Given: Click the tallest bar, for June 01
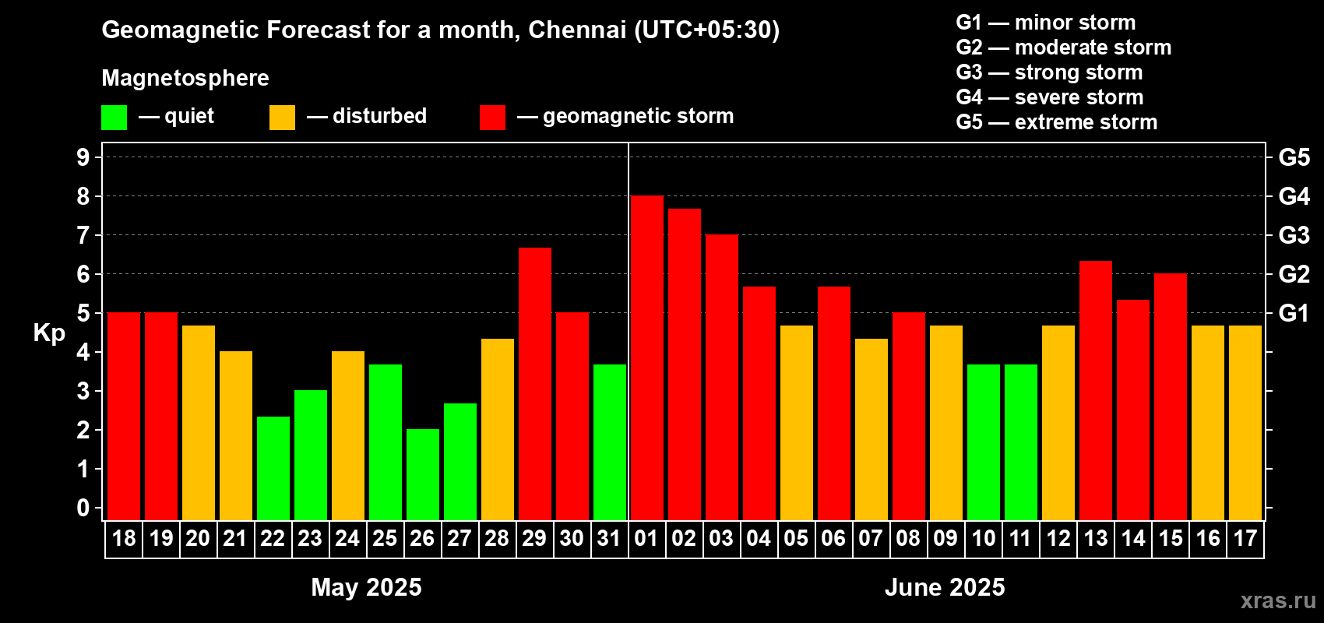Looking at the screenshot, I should [646, 358].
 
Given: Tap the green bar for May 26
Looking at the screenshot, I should [422, 474].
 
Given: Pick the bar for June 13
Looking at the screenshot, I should [1095, 390].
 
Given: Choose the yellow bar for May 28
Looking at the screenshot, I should [497, 429].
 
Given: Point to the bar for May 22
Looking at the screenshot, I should [273, 468].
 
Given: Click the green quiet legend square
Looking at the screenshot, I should [114, 118].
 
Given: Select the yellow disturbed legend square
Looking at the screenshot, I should [282, 118].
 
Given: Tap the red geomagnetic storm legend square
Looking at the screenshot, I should [492, 118].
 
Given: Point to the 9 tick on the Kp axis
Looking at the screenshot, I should [83, 157].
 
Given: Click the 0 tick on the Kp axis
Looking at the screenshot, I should [83, 509].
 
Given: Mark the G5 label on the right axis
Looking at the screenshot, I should [1294, 157].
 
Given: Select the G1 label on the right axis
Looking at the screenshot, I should [1294, 313].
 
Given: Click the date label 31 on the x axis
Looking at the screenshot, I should [609, 538].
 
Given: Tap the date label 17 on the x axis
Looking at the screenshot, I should [1245, 538].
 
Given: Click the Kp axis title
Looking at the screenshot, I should [49, 333].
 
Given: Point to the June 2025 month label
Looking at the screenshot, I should [945, 587].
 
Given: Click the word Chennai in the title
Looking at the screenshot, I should [577, 30].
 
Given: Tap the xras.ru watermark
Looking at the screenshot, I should [1278, 600].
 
